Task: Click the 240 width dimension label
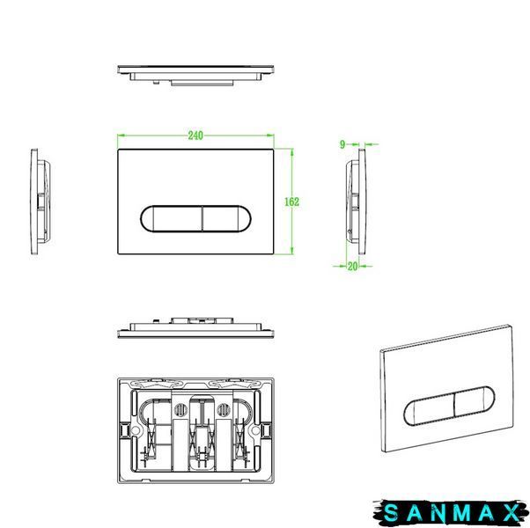coord(195,136)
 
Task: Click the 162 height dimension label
coord(291,202)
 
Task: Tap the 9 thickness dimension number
coord(342,144)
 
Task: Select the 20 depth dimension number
coord(352,266)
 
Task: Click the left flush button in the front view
coord(171,218)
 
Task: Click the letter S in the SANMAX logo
coord(391,513)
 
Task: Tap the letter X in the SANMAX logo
coord(512,513)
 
